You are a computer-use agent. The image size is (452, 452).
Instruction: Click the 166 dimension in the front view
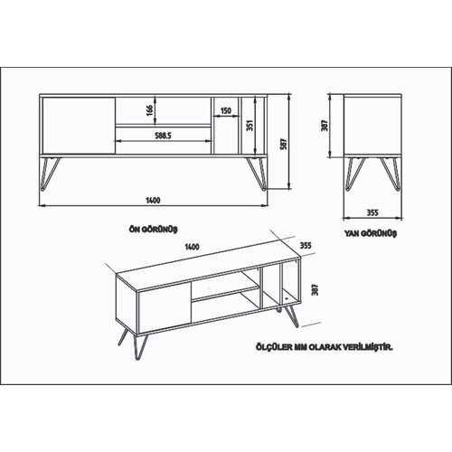[150, 110]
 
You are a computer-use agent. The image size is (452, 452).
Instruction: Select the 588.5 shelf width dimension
[163, 136]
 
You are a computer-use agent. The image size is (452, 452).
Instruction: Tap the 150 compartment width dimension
[226, 110]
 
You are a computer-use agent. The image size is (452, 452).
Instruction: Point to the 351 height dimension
[250, 126]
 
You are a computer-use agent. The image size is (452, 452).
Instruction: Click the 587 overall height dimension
[284, 144]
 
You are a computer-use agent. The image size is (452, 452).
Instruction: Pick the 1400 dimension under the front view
[153, 201]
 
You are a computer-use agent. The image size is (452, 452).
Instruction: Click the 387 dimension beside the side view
[325, 126]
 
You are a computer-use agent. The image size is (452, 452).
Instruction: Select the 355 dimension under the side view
[372, 212]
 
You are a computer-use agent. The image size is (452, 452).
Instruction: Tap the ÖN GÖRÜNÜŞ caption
[153, 230]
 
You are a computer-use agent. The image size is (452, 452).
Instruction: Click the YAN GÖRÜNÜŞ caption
[371, 233]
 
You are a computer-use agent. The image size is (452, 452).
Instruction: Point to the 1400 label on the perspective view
[192, 247]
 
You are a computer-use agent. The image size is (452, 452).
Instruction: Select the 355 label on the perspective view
[306, 245]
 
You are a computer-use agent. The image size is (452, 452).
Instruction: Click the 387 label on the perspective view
[315, 289]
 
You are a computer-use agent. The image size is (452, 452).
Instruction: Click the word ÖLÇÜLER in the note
[274, 347]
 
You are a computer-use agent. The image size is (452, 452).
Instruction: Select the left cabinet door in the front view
[79, 126]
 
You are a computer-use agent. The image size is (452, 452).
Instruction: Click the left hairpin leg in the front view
[51, 174]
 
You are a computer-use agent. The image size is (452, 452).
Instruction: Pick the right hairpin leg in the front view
[256, 174]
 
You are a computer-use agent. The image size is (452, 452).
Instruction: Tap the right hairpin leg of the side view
[391, 174]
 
